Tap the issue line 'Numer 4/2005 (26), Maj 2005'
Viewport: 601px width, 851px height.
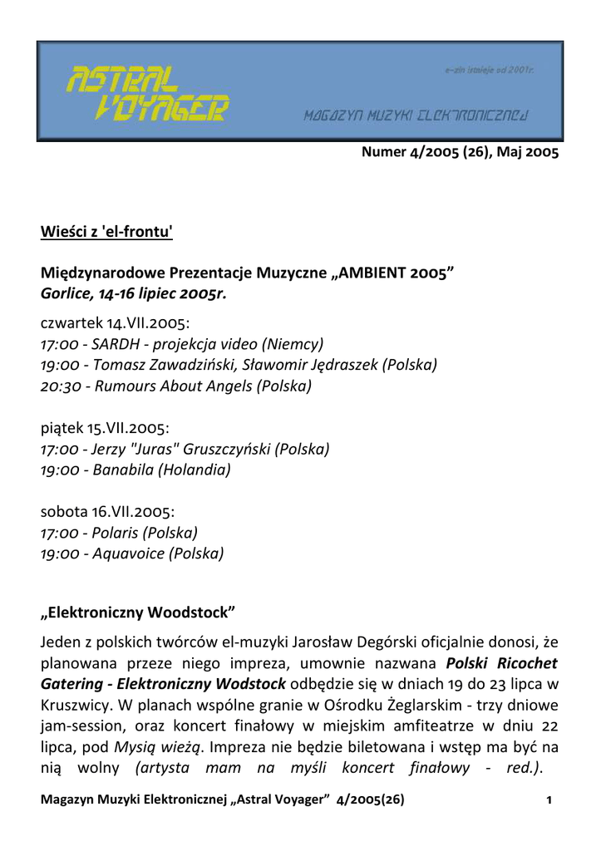(x=460, y=153)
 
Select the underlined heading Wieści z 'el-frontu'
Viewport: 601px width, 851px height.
(x=106, y=232)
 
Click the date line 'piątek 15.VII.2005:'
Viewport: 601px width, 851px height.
(x=105, y=428)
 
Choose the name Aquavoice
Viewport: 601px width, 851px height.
(x=128, y=553)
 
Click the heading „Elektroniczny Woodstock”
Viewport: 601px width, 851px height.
(x=138, y=614)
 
